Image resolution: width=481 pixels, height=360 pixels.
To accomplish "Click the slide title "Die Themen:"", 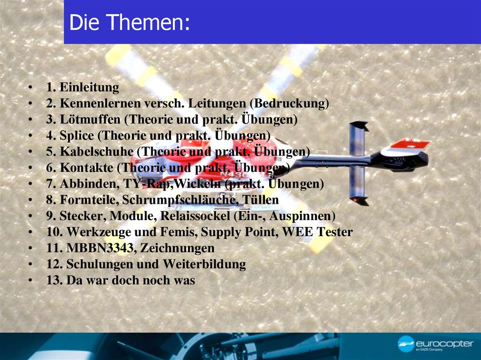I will (x=129, y=23).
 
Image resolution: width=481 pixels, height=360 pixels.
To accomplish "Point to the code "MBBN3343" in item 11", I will (x=96, y=248).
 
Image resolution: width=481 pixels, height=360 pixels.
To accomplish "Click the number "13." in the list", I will (x=54, y=280).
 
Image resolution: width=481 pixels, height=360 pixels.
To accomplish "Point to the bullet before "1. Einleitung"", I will (x=30, y=88).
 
